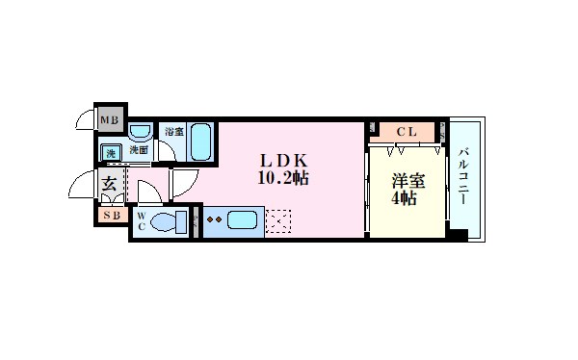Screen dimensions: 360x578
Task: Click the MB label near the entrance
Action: [x=109, y=119]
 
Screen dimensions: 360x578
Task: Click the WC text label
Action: [x=143, y=222]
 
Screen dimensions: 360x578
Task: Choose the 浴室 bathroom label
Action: [x=173, y=132]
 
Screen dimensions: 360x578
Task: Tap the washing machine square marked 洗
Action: [x=111, y=151]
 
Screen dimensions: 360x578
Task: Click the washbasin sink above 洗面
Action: [x=141, y=132]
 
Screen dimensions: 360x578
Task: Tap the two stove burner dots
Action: [x=215, y=220]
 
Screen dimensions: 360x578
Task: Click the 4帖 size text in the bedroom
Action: [x=404, y=200]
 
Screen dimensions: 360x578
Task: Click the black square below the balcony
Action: [x=459, y=234]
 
